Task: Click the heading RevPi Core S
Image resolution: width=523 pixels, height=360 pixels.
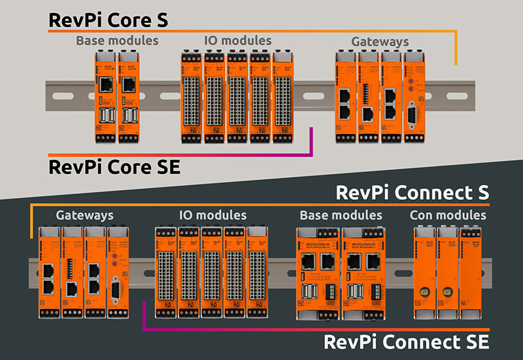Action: pos(109,20)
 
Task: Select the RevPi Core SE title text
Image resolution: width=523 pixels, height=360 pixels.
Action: pos(114,167)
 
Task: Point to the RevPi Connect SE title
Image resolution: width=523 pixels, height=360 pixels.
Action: pos(406,341)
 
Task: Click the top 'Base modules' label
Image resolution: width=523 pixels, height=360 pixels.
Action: pos(117,41)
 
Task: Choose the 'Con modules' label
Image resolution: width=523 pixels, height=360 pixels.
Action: pos(448,215)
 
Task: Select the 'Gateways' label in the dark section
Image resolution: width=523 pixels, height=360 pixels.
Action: pos(84,215)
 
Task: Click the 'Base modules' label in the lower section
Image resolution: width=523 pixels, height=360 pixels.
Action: pos(341,215)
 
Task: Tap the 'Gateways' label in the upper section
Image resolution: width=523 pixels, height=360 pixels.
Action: pos(380,41)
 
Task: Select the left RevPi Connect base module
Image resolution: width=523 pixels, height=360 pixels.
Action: pos(318,274)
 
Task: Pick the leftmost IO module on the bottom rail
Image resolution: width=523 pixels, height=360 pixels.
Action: pos(165,274)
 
